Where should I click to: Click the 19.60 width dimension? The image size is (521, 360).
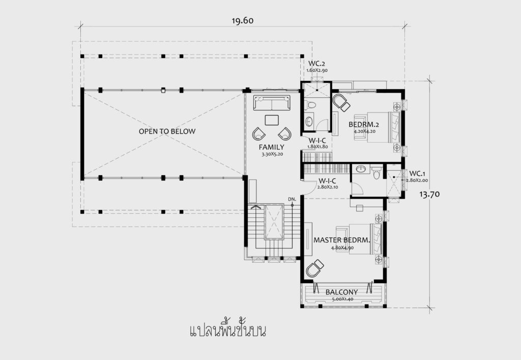pos(243,20)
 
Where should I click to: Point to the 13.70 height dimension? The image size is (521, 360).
pos(429,194)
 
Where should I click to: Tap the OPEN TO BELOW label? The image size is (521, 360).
pos(167,131)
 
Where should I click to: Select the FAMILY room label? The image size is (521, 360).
pos(272,147)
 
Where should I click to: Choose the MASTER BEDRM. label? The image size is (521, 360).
pos(341,240)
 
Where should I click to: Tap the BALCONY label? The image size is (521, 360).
pos(341,292)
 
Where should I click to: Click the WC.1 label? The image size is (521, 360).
pos(417,174)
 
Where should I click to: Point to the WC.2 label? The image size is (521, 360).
pos(316,64)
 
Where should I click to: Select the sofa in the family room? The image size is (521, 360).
pos(272,103)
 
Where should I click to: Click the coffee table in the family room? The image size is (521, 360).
pos(272,120)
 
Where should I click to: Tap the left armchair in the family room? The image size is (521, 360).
pos(258,133)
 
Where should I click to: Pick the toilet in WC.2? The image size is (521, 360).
pos(310,105)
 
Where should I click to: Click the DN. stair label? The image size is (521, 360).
pos(292,199)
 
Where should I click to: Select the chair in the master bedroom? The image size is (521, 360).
pos(314,268)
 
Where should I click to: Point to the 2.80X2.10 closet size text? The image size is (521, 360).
pos(328,187)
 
